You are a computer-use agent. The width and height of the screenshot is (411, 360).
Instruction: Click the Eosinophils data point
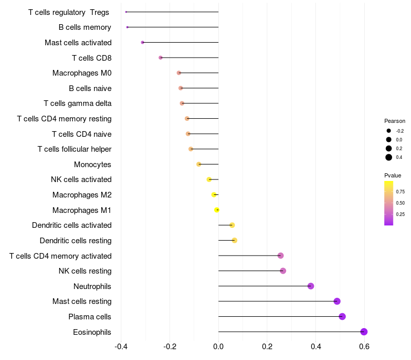point(364,332)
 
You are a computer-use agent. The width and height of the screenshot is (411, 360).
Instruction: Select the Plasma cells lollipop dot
point(342,316)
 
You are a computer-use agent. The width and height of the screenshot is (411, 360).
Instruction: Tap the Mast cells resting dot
point(337,301)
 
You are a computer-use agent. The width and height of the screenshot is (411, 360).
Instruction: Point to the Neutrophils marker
point(311,286)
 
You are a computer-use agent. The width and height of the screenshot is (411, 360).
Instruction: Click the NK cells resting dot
point(283,271)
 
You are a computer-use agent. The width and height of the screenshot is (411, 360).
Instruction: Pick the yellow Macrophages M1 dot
point(217,210)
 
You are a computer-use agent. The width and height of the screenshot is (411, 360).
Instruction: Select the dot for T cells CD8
point(160,58)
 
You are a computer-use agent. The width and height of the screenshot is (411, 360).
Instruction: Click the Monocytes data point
point(199,165)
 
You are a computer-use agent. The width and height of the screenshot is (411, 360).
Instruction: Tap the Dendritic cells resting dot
point(234,240)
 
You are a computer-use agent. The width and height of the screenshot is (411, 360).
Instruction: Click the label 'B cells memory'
point(85,27)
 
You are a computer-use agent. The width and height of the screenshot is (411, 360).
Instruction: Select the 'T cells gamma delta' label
point(78,103)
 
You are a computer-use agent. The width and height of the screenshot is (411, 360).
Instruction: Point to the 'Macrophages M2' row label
point(82,195)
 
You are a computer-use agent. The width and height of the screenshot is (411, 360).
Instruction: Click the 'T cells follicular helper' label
point(74,149)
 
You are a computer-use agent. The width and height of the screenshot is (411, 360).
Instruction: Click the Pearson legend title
point(395,121)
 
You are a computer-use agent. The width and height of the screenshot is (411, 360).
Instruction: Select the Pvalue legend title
point(393,175)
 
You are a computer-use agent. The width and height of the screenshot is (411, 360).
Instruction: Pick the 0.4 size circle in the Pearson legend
point(389,157)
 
